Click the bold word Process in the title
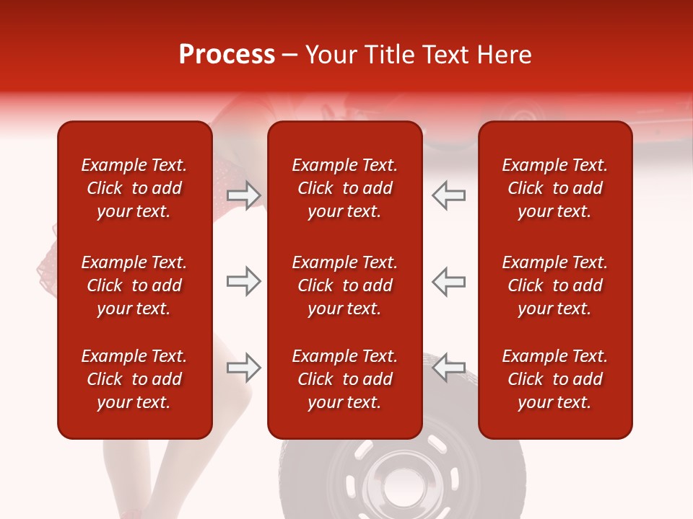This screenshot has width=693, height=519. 227,55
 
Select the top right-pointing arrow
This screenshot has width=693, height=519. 244,195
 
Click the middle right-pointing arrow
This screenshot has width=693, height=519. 244,281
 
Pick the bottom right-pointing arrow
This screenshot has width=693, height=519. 244,368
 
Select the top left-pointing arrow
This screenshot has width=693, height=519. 448,195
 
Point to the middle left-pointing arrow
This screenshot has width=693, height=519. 448,281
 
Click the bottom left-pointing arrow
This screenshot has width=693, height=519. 448,368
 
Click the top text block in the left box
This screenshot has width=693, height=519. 134,188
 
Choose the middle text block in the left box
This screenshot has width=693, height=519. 134,285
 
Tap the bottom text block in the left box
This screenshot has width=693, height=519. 134,379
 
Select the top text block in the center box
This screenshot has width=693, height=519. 345,188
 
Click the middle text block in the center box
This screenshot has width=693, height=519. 345,285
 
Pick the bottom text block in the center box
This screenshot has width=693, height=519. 345,379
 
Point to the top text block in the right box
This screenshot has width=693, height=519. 555,188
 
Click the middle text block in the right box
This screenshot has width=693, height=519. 555,285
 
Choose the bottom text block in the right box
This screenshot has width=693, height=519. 555,379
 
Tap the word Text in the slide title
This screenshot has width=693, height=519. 446,55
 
